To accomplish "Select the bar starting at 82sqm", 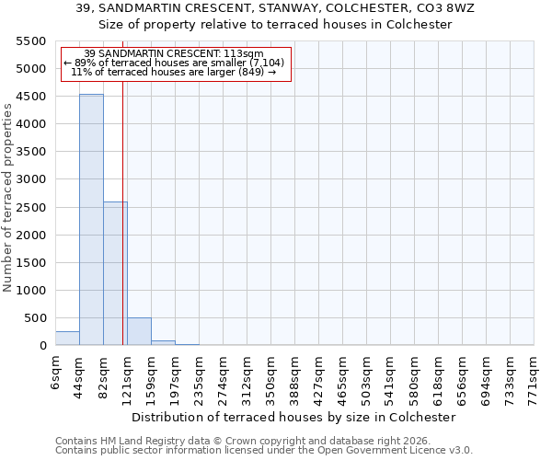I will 115,273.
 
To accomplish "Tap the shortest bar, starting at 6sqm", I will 67,338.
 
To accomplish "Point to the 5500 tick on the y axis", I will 31,41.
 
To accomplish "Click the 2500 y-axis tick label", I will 31,207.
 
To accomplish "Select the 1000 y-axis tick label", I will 31,291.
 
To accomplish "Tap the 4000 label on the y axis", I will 31,124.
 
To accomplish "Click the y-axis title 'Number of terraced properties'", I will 8,198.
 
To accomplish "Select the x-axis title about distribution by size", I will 293,417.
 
